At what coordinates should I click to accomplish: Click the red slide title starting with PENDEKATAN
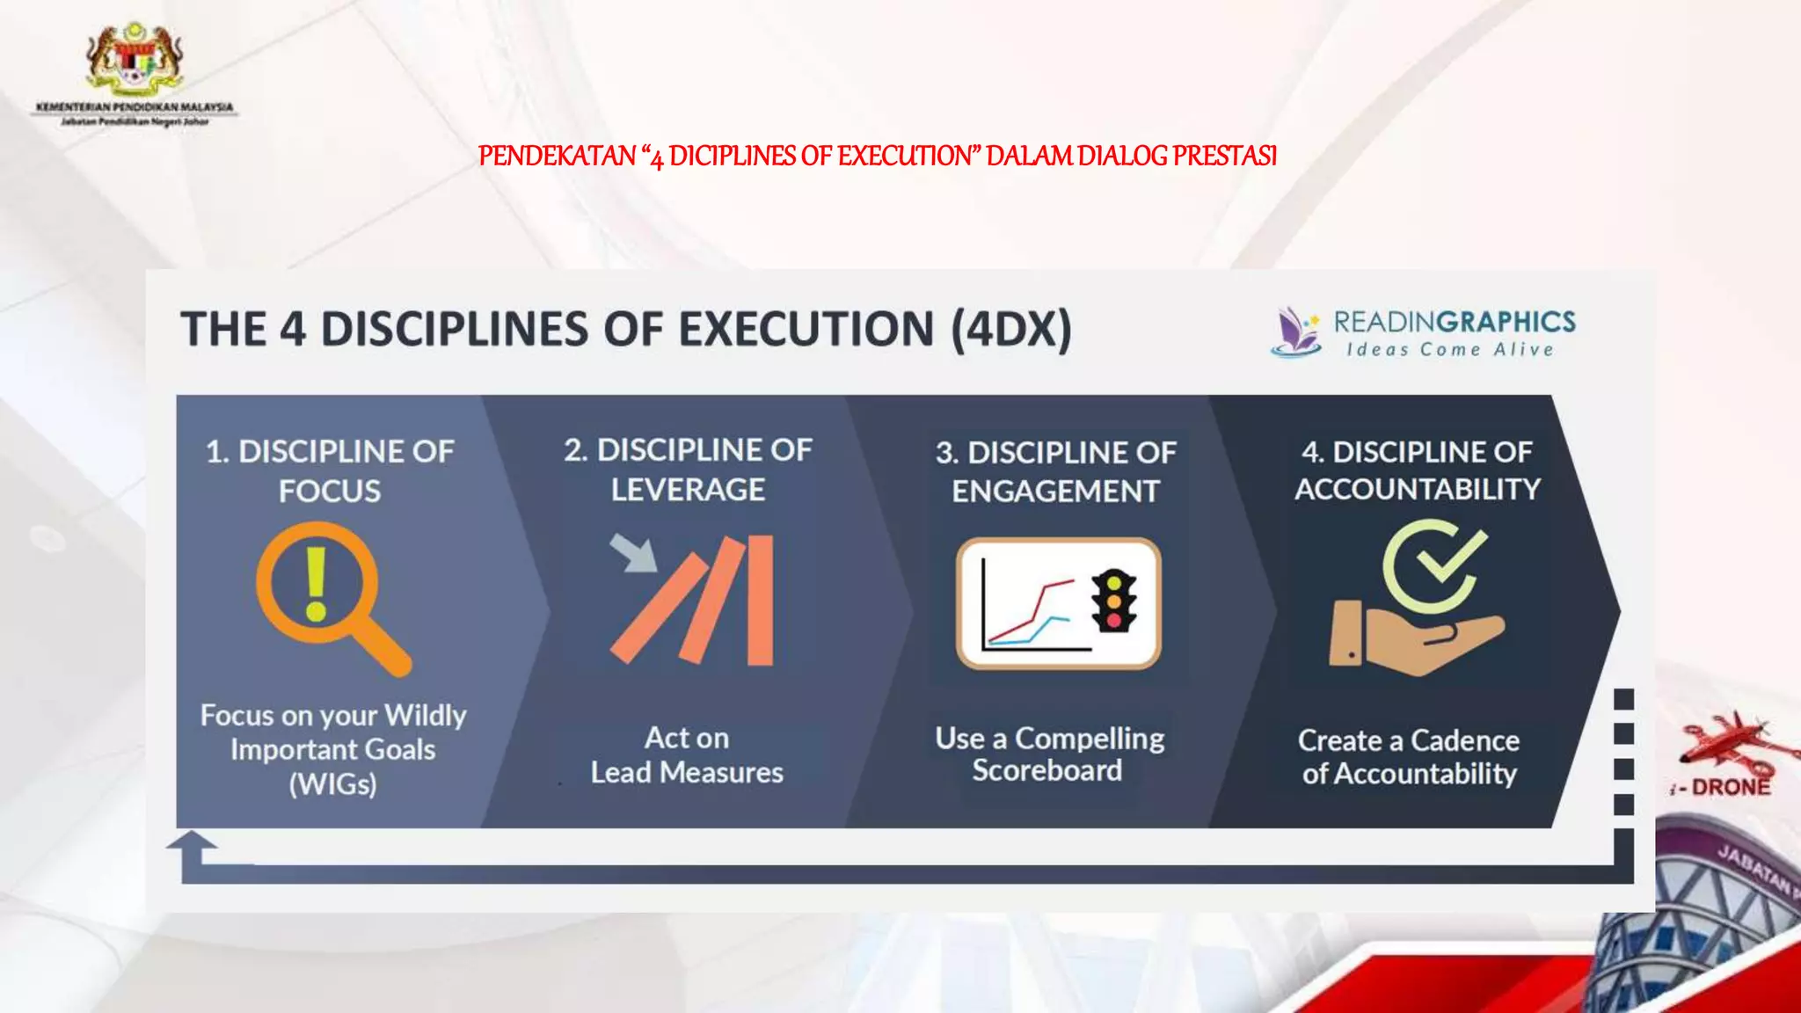tap(877, 157)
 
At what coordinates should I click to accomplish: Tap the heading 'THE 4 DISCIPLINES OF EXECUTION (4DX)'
tap(626, 330)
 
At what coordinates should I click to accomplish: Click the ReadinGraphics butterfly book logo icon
tap(1295, 332)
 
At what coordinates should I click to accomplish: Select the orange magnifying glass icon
tap(331, 596)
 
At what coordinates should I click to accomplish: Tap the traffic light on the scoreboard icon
tap(1113, 601)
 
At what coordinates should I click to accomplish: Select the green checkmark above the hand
tap(1452, 557)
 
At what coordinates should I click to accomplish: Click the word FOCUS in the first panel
tap(330, 491)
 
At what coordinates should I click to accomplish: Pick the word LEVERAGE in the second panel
tap(688, 490)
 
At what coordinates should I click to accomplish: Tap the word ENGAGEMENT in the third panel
tap(1055, 492)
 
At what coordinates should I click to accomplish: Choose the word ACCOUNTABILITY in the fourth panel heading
tap(1417, 489)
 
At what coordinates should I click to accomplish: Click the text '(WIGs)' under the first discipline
tap(332, 783)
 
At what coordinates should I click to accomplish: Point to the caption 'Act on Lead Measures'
tap(687, 755)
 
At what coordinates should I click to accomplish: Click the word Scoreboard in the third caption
tap(1046, 770)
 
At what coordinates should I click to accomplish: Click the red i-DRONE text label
tap(1723, 787)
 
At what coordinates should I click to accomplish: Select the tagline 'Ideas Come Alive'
tap(1449, 350)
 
